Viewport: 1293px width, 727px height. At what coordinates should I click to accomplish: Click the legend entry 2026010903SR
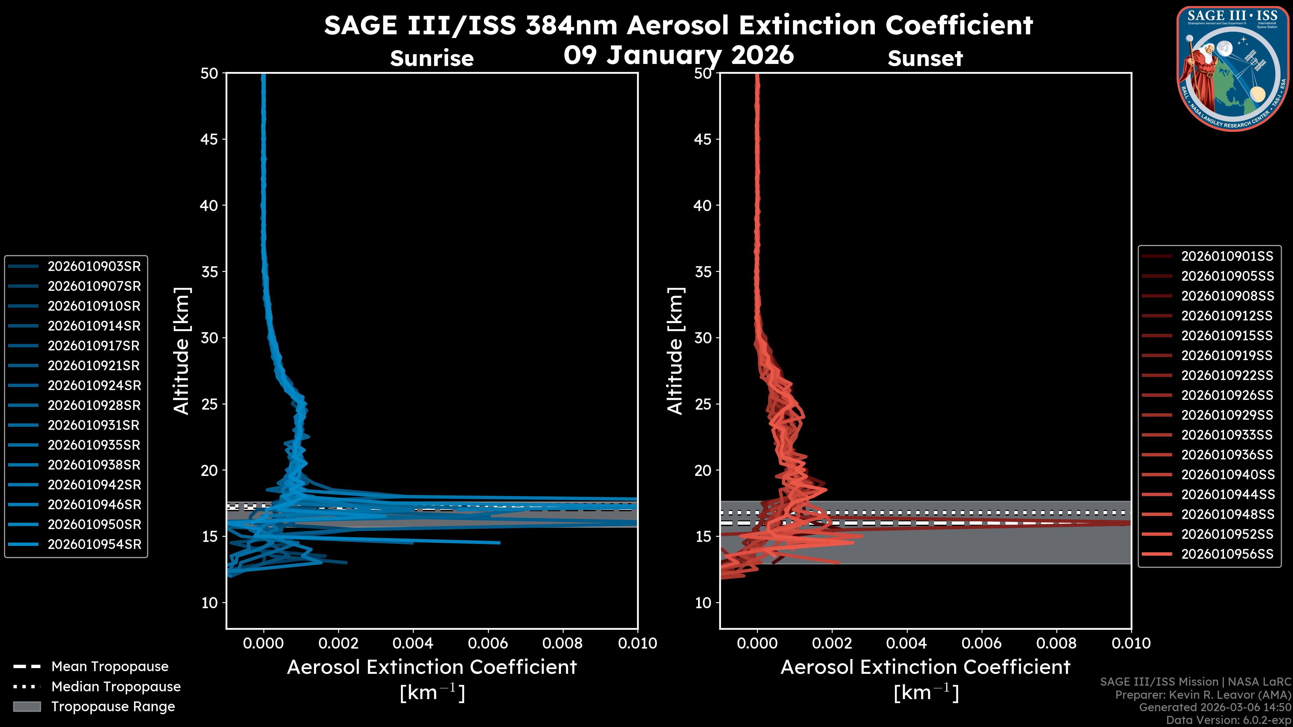coord(94,267)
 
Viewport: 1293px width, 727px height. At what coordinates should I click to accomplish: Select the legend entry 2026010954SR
coord(94,544)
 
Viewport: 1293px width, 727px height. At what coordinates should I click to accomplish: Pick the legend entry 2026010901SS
coord(1227,256)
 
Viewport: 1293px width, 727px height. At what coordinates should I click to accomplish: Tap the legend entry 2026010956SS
coord(1227,554)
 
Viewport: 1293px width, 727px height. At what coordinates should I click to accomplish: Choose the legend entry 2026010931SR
coord(94,425)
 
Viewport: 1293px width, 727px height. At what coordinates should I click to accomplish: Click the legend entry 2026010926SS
coord(1227,395)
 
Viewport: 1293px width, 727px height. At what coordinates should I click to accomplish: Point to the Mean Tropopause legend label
coord(110,667)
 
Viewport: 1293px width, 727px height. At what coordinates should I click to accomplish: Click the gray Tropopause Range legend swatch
coord(27,706)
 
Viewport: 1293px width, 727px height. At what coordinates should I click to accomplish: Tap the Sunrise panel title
coord(432,59)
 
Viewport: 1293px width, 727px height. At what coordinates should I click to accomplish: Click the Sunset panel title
coord(925,59)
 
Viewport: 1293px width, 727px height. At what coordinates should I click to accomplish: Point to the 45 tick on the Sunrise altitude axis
coord(209,139)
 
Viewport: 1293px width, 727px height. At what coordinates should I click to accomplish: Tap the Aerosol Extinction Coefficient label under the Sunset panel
coord(925,667)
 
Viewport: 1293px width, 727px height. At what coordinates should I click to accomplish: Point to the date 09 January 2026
coord(678,55)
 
